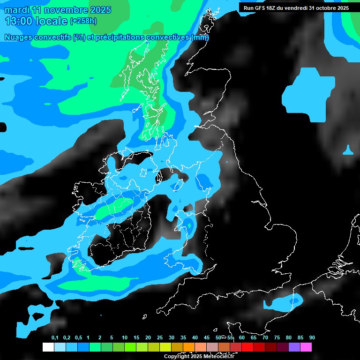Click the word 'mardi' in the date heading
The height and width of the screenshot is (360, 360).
click(x=17, y=10)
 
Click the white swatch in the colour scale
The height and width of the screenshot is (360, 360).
click(x=48, y=347)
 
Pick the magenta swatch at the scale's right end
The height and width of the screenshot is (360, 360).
click(x=306, y=347)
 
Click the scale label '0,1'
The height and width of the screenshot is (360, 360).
click(x=55, y=338)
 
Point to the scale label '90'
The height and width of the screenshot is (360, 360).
click(x=312, y=338)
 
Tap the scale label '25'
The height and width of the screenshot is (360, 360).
click(x=160, y=338)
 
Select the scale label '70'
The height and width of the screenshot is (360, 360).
click(x=265, y=338)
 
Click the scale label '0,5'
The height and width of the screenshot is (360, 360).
click(x=78, y=338)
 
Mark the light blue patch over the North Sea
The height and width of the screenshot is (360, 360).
click(x=309, y=91)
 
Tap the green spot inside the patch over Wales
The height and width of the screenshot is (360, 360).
click(x=189, y=225)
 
